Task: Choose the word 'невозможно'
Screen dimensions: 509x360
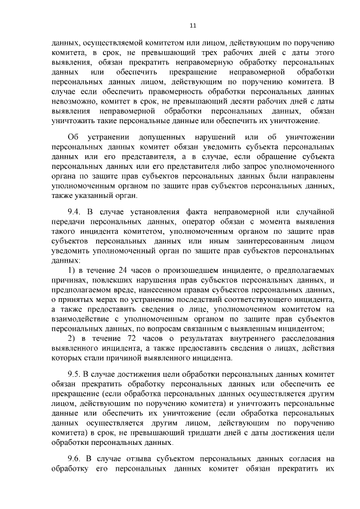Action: coord(74,101)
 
